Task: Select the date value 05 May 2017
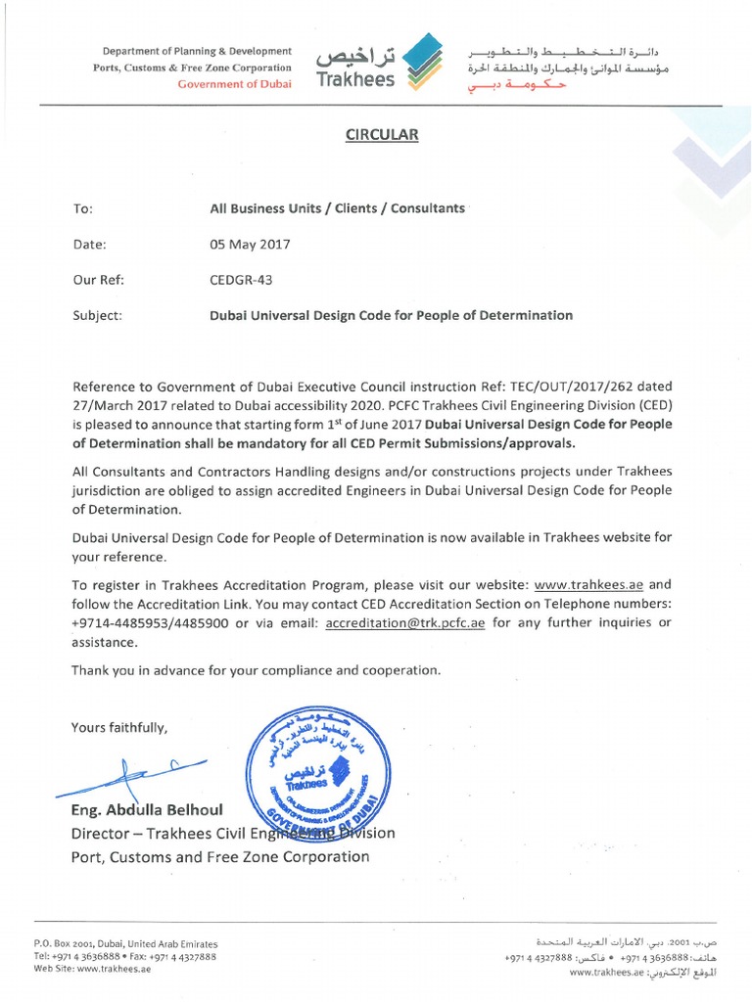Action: point(250,244)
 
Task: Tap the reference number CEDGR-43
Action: point(241,280)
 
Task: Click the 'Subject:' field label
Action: point(98,315)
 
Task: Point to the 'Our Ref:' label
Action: point(98,280)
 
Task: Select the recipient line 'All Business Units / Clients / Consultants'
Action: point(337,208)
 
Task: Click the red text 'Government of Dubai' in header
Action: point(234,85)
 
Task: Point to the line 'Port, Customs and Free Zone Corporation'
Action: point(220,856)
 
